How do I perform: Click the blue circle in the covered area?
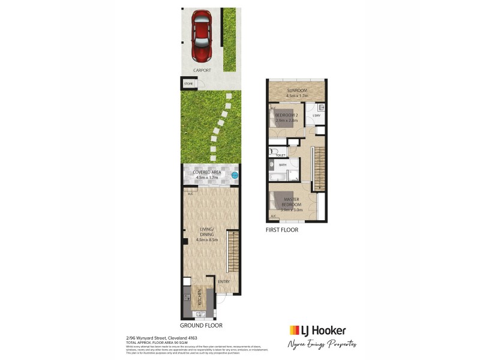(x=235, y=175)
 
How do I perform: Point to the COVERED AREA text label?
(x=207, y=173)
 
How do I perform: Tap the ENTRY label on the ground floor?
(x=224, y=281)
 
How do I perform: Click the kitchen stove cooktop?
(x=188, y=295)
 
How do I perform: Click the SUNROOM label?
(x=296, y=91)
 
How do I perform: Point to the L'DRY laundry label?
(x=317, y=116)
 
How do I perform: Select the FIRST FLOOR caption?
(x=281, y=230)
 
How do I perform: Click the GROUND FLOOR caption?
(x=201, y=325)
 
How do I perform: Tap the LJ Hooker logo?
(x=317, y=331)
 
